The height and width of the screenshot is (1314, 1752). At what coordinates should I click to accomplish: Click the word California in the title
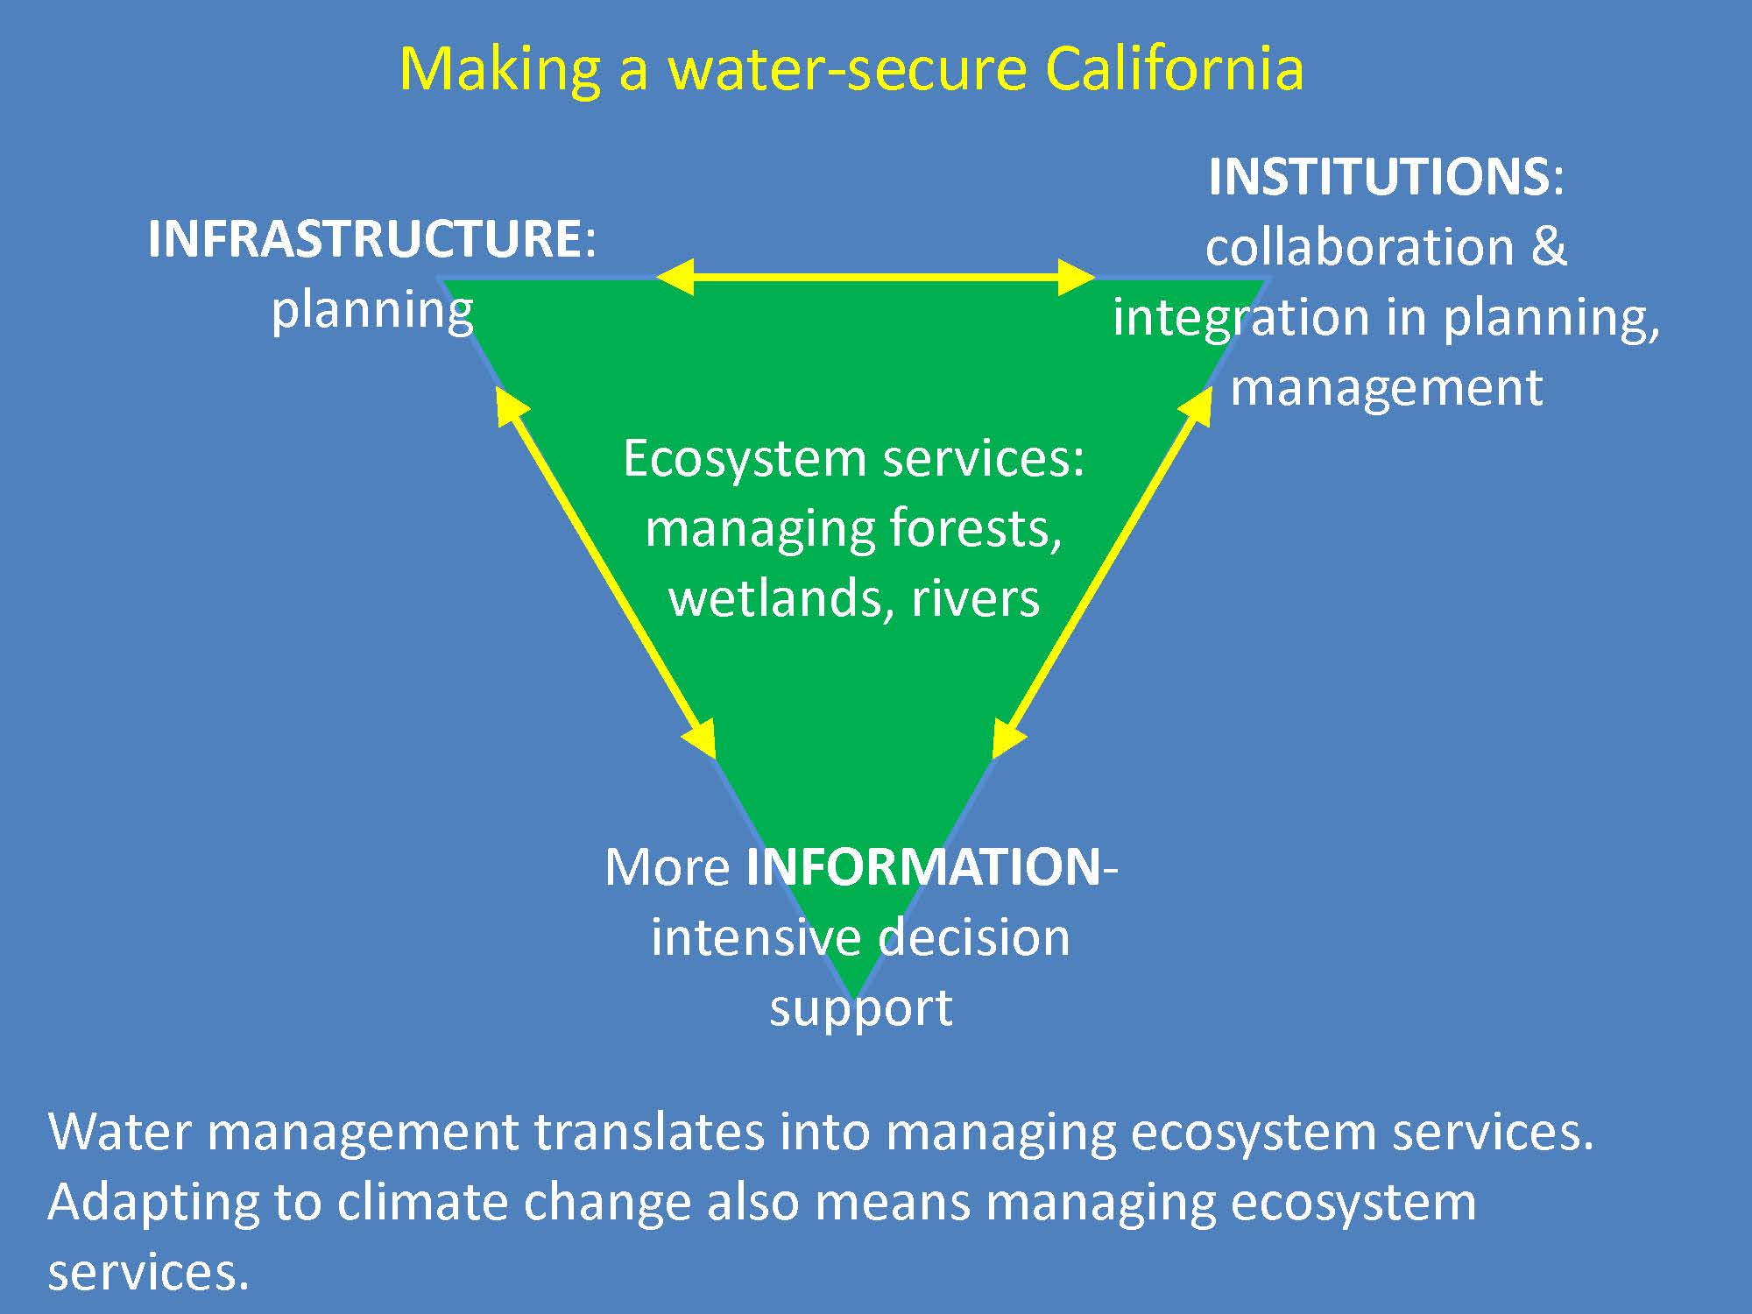pyautogui.click(x=1174, y=68)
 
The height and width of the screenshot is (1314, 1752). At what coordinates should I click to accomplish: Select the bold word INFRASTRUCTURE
pyautogui.click(x=364, y=238)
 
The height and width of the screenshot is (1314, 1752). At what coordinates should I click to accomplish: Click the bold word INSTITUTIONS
pyautogui.click(x=1379, y=177)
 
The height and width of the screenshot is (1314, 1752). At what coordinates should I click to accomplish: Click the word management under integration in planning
pyautogui.click(x=1387, y=389)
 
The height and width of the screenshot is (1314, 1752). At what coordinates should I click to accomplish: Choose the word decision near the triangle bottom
pyautogui.click(x=974, y=937)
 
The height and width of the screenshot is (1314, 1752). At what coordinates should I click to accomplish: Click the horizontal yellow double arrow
pyautogui.click(x=875, y=278)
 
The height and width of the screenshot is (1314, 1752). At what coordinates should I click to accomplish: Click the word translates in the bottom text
pyautogui.click(x=649, y=1132)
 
